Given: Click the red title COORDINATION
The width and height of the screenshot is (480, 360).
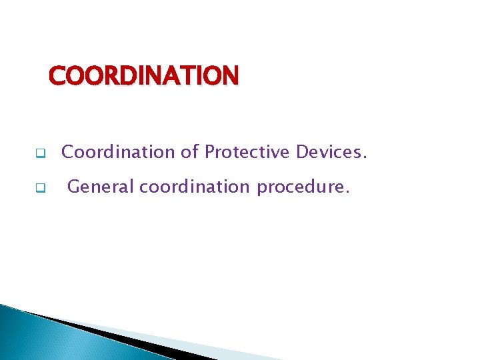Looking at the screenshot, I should (143, 76).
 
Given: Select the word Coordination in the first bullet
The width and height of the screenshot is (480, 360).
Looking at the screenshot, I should (117, 152).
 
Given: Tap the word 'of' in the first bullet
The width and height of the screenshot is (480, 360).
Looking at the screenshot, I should (189, 152).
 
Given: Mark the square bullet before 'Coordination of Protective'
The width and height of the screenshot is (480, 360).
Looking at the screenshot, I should (40, 153).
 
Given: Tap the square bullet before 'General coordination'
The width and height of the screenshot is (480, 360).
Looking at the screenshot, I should (40, 188).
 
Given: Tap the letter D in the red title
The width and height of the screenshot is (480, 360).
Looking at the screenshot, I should (123, 76).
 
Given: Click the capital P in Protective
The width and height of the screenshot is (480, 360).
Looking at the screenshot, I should (209, 152).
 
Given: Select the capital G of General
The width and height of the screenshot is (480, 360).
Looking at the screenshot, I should (73, 187).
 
